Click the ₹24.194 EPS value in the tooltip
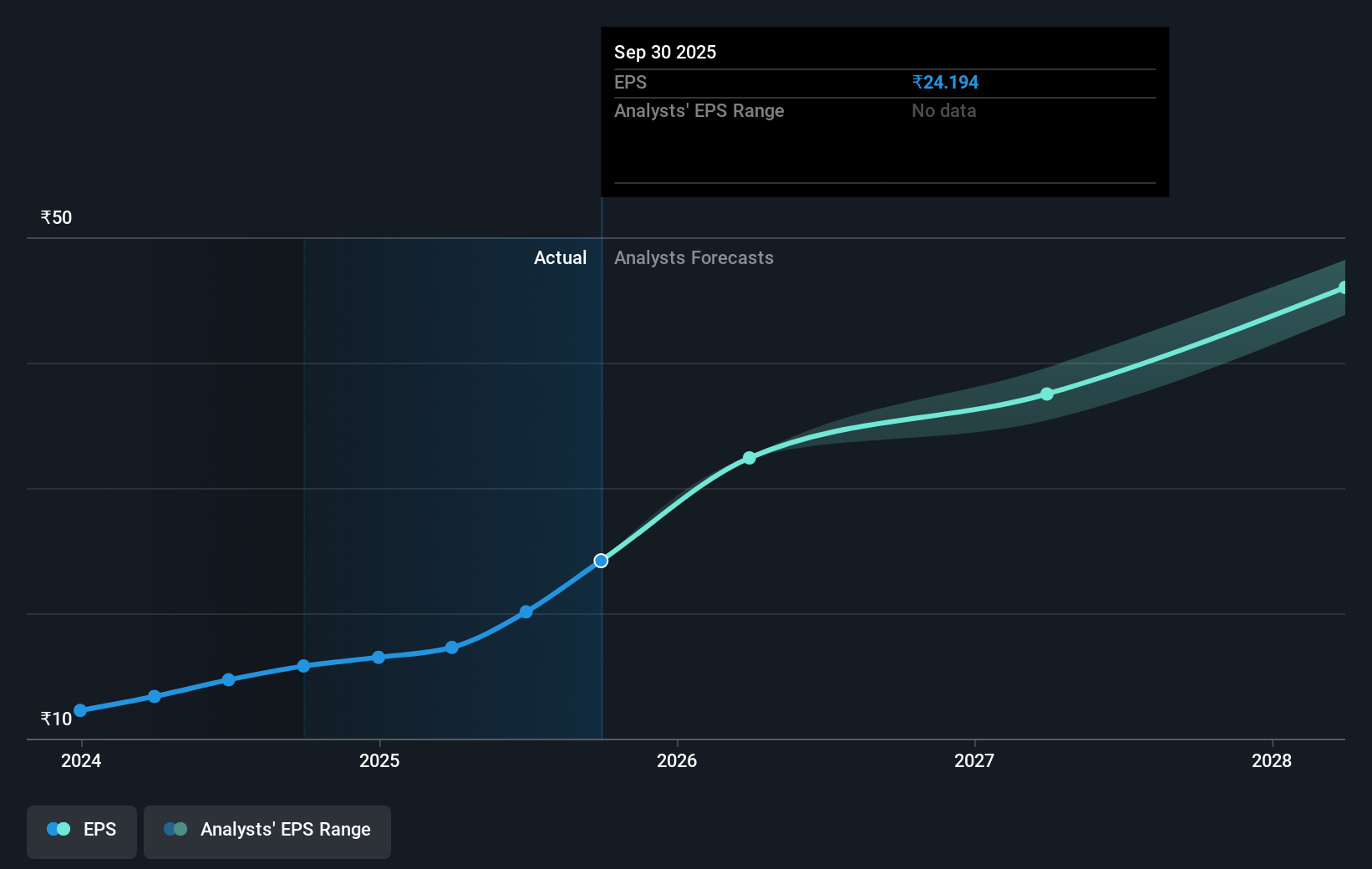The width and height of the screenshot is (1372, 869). pos(945,83)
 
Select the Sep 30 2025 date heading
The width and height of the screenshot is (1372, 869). pos(665,53)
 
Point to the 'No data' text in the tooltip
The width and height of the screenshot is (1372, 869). pos(943,111)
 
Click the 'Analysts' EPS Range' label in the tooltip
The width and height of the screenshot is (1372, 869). pos(699,111)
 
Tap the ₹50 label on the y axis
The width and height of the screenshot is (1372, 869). pos(56,218)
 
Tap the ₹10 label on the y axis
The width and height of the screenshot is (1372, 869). pos(56,719)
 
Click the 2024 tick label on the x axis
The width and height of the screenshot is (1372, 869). pos(81,760)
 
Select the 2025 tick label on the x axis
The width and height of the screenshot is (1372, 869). pos(379,760)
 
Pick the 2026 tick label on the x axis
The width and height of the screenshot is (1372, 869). pos(677,760)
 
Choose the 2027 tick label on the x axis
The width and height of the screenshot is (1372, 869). pos(974,760)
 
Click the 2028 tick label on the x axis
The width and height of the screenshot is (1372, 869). pos(1272,760)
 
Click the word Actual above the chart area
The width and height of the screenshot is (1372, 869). pos(560,258)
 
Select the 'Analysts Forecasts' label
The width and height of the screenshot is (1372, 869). pos(694,258)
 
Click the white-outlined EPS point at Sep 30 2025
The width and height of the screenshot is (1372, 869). pos(601,561)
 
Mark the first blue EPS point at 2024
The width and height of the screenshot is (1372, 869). pos(80,710)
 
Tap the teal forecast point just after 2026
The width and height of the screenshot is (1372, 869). pos(750,458)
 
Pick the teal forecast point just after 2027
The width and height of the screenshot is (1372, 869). pos(1047,394)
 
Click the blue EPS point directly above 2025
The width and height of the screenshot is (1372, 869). pos(379,658)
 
